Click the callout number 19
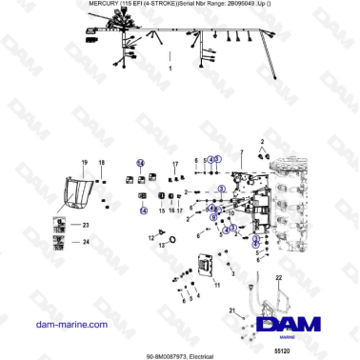click(83, 163)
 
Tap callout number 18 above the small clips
click(101, 163)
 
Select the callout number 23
click(85, 225)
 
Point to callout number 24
click(85, 242)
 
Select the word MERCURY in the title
click(85, 4)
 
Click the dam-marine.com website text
click(70, 325)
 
